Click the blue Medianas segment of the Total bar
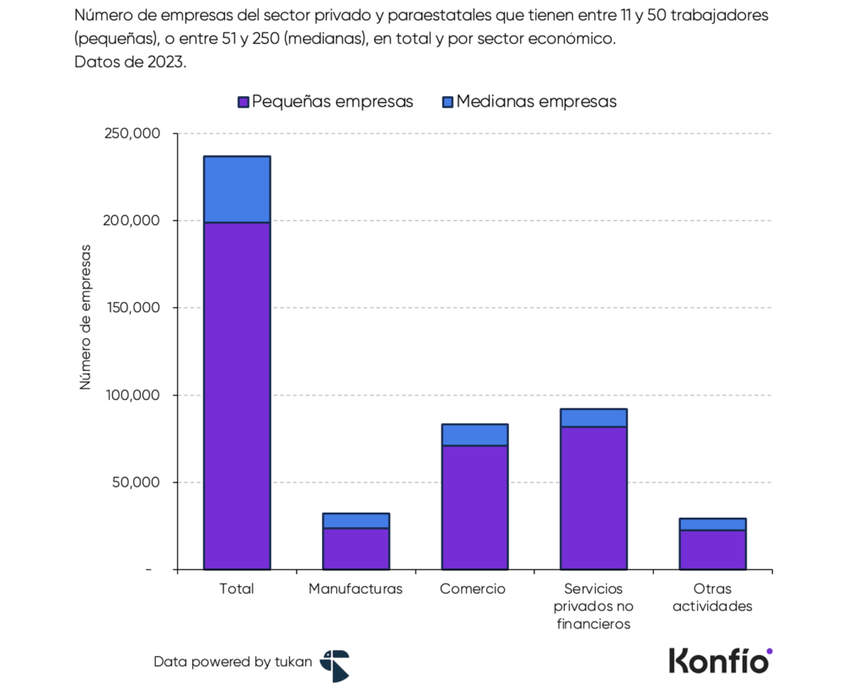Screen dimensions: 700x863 click(x=237, y=189)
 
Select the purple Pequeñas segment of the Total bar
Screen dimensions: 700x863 click(x=237, y=396)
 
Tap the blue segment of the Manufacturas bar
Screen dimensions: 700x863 click(x=356, y=520)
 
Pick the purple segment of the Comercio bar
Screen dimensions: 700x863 click(x=474, y=507)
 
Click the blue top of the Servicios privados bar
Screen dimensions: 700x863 click(x=593, y=417)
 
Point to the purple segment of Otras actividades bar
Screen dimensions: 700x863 click(x=712, y=549)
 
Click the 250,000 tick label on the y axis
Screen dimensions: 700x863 click(x=137, y=133)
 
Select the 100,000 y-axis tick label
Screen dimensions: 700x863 click(x=137, y=395)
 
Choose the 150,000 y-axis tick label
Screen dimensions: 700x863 click(x=137, y=308)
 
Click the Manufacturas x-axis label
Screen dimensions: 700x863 click(x=356, y=589)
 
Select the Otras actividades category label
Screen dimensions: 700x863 click(x=712, y=597)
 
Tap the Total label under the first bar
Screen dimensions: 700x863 click(x=236, y=589)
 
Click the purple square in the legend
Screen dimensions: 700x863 click(x=244, y=102)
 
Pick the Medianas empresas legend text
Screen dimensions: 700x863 click(x=536, y=101)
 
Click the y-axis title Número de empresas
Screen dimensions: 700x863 click(x=85, y=317)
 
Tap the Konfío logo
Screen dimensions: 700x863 click(x=720, y=660)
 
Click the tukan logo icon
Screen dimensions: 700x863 click(x=334, y=665)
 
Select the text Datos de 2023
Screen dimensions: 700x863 click(x=130, y=62)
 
